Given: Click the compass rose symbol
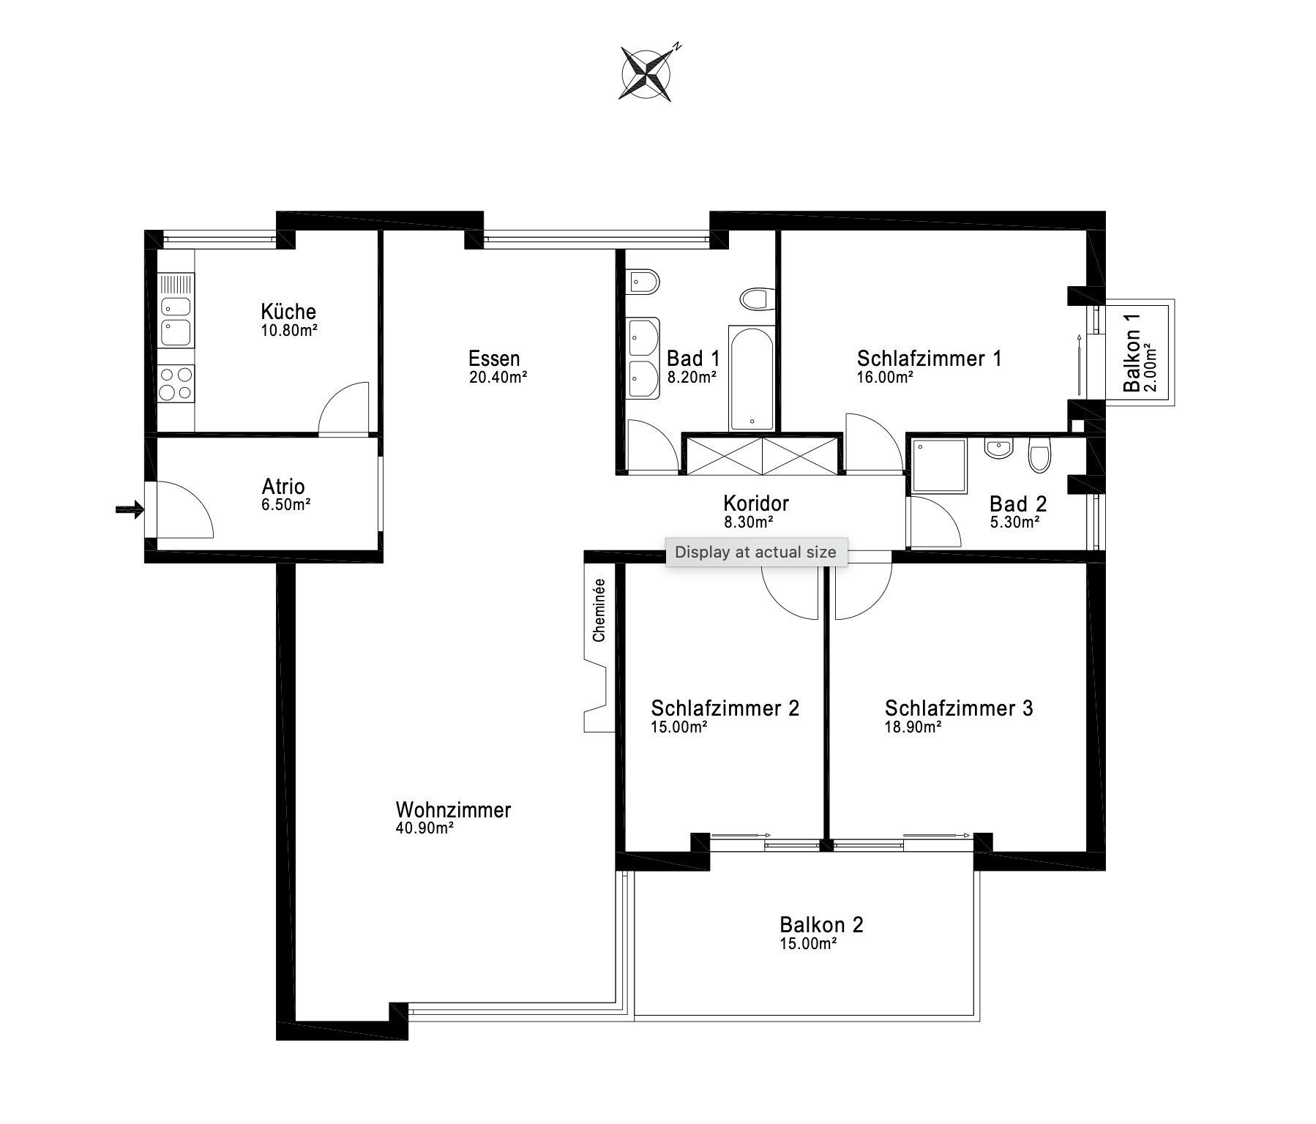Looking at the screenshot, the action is tap(647, 72).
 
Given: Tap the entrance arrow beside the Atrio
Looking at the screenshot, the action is tap(130, 510).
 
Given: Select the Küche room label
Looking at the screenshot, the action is tap(288, 312).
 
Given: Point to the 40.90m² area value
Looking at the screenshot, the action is tap(425, 828).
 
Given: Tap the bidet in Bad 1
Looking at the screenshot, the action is tap(643, 280).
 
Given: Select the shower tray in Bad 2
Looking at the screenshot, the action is tap(940, 465).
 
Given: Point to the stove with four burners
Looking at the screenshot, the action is tap(176, 383).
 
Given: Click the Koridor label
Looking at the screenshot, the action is tap(756, 503).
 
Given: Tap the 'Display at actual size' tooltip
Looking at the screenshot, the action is tap(755, 552).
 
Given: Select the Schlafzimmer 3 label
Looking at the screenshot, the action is tap(959, 708).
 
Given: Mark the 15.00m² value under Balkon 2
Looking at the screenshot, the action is tap(809, 943).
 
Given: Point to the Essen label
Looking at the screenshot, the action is tap(494, 359).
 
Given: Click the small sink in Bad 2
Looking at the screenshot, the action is tap(998, 448).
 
